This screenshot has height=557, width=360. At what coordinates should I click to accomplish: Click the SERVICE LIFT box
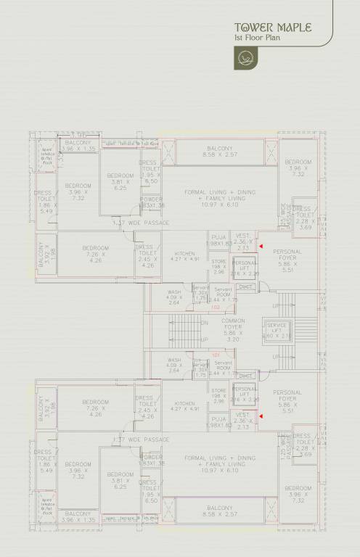[279, 331]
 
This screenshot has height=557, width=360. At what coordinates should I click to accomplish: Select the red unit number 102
[215, 308]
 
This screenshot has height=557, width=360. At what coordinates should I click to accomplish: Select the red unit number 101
[215, 354]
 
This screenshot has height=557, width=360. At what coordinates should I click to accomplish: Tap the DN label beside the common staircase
[205, 322]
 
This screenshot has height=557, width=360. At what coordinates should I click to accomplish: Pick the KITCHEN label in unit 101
[184, 403]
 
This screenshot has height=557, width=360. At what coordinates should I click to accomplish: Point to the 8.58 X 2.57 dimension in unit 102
[219, 154]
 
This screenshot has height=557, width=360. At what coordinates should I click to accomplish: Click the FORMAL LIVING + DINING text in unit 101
[220, 458]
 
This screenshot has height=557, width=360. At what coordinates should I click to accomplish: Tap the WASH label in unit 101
[173, 360]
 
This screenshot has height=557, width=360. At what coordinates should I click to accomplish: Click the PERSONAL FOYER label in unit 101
[287, 395]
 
